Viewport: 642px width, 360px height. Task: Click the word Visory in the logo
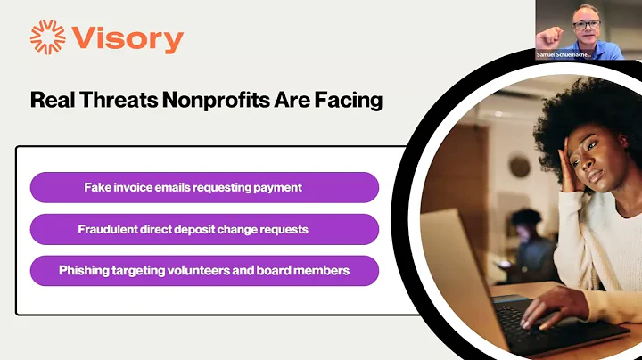click(x=128, y=39)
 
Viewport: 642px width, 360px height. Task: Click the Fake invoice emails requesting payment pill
click(x=204, y=188)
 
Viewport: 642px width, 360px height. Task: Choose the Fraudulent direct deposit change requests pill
click(x=204, y=229)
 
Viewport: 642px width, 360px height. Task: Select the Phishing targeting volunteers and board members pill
click(x=204, y=270)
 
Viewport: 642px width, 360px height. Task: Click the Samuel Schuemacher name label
click(x=564, y=55)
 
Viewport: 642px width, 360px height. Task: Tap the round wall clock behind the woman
click(x=520, y=166)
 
